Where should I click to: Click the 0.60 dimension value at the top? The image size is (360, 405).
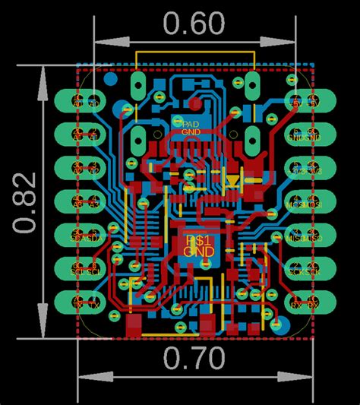(193, 24)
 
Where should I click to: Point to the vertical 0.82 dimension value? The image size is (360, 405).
(26, 202)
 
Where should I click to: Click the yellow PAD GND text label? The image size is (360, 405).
(190, 126)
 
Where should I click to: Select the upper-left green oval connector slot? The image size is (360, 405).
(138, 81)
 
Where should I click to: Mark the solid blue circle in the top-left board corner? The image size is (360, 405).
(111, 77)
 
